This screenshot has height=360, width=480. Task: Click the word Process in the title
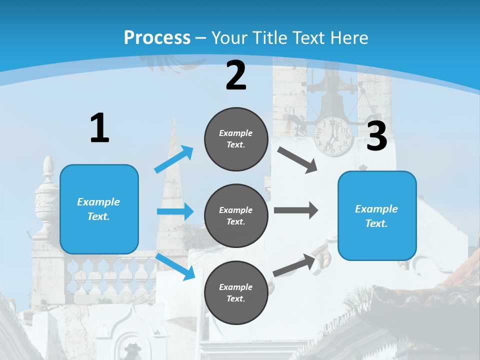157,37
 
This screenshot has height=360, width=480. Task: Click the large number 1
100,127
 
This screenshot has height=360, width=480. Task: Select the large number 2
235,75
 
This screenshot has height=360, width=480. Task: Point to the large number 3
376,135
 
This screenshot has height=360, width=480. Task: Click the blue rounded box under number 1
99,209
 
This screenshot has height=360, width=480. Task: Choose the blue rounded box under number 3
377,216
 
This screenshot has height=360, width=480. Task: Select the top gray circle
236,139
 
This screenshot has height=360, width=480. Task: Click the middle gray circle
236,216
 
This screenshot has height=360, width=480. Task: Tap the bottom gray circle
236,292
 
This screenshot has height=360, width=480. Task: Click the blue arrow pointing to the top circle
173,159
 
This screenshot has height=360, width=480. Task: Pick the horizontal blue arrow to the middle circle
175,211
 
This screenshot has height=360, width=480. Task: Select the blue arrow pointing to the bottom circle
175,266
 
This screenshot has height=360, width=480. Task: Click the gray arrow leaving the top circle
297,160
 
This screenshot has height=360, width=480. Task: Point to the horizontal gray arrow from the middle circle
296,210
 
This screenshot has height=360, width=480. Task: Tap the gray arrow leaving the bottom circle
294,265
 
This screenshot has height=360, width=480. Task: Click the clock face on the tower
333,136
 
